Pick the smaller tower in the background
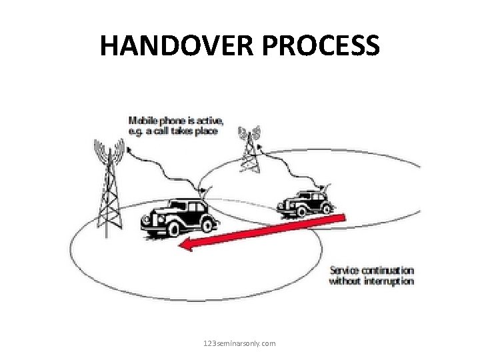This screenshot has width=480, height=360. click(250, 148)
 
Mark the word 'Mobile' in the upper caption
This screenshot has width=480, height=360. click(141, 121)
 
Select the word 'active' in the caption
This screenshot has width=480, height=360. click(211, 121)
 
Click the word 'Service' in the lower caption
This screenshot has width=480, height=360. click(345, 271)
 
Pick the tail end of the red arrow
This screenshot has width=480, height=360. click(343, 216)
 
